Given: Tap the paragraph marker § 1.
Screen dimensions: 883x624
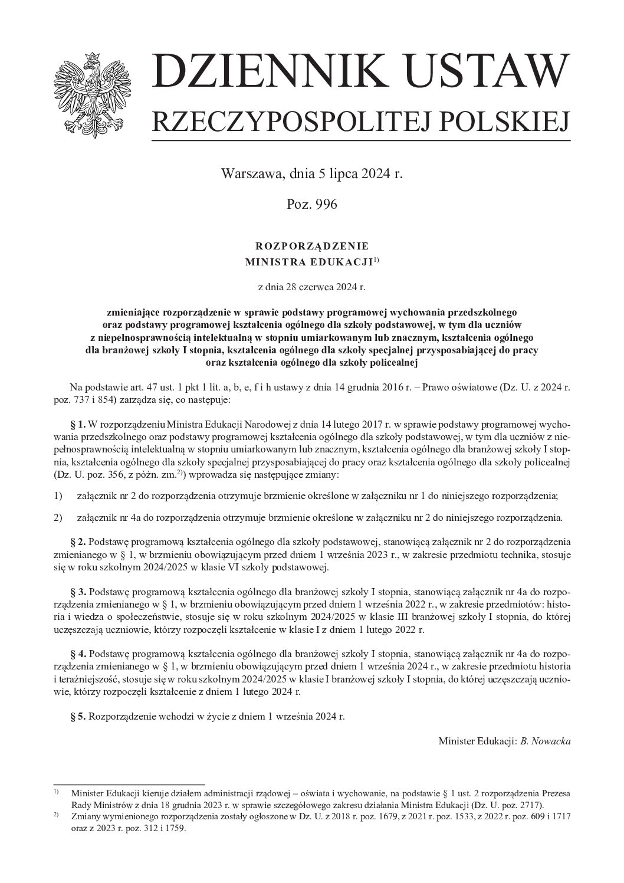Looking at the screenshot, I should (78, 424).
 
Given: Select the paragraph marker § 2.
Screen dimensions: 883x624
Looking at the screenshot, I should (78, 541).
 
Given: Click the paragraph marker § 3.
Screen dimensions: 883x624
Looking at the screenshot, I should (78, 591).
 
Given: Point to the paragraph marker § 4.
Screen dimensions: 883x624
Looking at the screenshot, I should (78, 654).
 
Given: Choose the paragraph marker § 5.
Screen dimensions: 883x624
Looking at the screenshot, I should (78, 717).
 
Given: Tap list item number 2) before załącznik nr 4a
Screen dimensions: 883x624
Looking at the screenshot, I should (58, 518).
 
